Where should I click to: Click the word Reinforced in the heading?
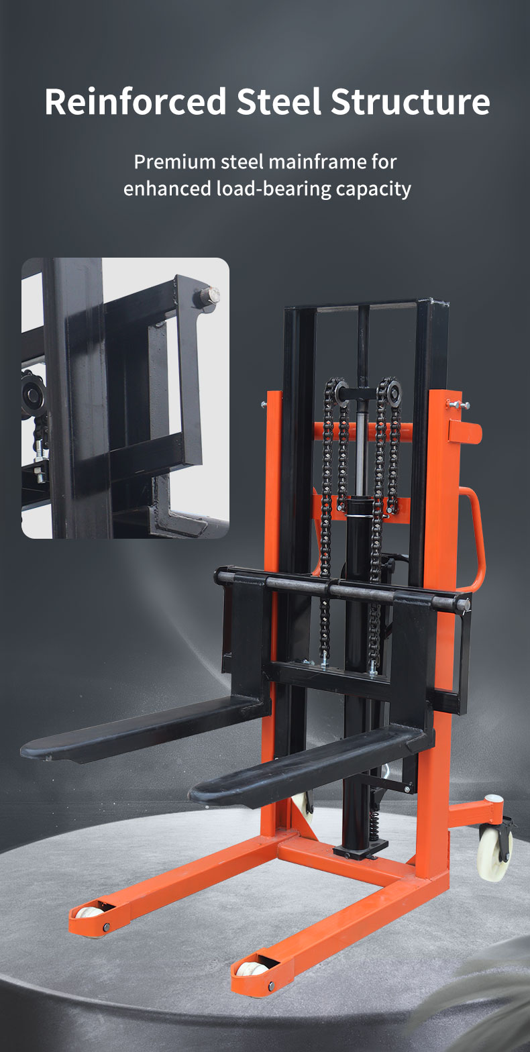(135, 101)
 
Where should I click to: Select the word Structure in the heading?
(410, 101)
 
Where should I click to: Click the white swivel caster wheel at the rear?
(494, 853)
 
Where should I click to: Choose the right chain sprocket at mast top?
(388, 389)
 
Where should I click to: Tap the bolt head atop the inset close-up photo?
(205, 295)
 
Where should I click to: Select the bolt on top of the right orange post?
(457, 404)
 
